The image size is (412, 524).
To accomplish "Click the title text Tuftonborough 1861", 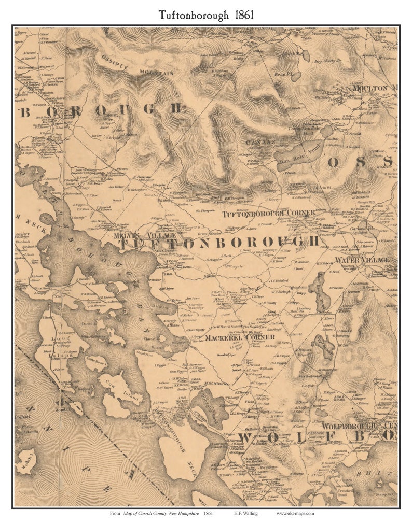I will coord(206,15).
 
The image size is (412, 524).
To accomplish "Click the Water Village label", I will coord(362,259).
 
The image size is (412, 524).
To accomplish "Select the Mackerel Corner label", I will coord(239,337).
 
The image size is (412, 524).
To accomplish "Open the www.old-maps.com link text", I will coord(295,513).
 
